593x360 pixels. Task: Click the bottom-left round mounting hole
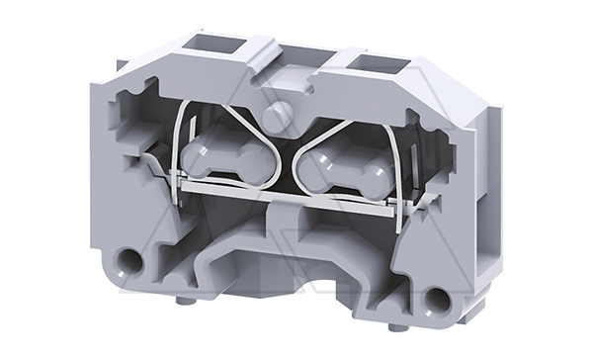click(127, 262)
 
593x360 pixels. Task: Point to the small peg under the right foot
click(395, 326)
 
